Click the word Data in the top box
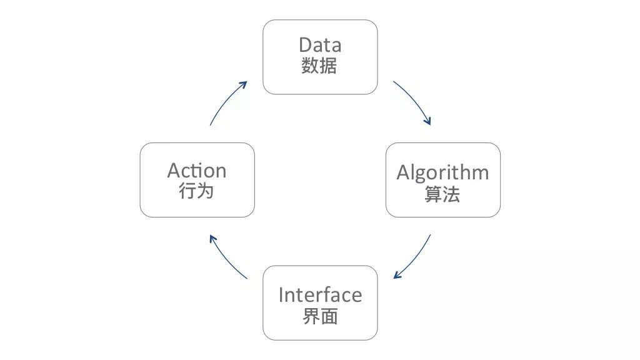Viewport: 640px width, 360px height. pyautogui.click(x=320, y=45)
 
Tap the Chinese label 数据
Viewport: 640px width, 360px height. pyautogui.click(x=319, y=66)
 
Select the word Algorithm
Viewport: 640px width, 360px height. pyautogui.click(x=443, y=173)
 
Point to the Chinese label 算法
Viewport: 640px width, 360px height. pyautogui.click(x=442, y=194)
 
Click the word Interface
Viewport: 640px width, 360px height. pyautogui.click(x=320, y=295)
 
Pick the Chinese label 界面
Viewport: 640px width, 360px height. pyautogui.click(x=320, y=316)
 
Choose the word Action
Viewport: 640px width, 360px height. pyautogui.click(x=197, y=171)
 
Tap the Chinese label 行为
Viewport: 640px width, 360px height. pyautogui.click(x=196, y=191)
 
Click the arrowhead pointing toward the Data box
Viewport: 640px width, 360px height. pyautogui.click(x=244, y=84)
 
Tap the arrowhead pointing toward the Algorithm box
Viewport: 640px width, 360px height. pyautogui.click(x=427, y=121)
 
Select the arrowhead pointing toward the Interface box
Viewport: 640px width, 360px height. pyautogui.click(x=397, y=276)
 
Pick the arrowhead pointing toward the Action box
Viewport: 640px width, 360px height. pyautogui.click(x=212, y=239)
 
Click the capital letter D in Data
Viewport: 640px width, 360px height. pyautogui.click(x=305, y=45)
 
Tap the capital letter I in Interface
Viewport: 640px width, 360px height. pyautogui.click(x=281, y=295)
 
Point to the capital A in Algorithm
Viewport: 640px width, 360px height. pyautogui.click(x=403, y=172)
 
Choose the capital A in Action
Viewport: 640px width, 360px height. pyautogui.click(x=174, y=171)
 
